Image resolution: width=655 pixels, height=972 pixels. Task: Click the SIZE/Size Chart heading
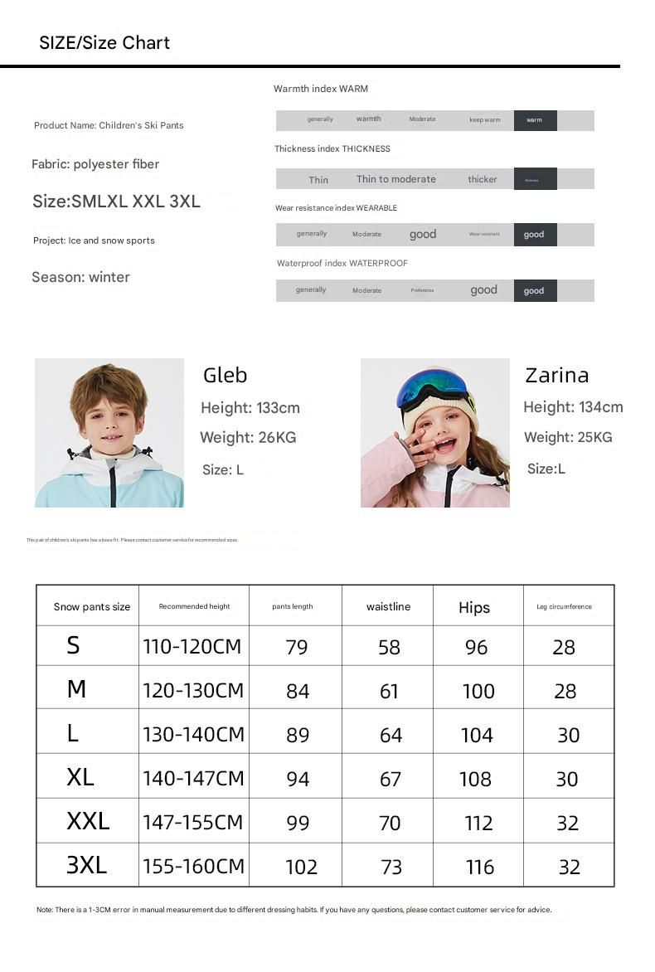pos(104,43)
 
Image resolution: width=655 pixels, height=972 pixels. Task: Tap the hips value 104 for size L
pos(477,735)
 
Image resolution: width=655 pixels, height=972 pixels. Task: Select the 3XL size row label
pos(86,865)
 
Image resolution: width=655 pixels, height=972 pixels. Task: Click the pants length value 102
pos(301,867)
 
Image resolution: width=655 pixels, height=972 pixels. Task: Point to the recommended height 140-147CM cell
pos(193,778)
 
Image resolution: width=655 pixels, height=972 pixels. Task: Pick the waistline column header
pos(388,606)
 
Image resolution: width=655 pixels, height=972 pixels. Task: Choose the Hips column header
pos(474,608)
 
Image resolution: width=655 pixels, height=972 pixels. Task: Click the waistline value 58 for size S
pos(389,648)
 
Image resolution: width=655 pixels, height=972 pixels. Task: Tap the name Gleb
pos(225,375)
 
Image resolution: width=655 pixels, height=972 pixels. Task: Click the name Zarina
pos(556,375)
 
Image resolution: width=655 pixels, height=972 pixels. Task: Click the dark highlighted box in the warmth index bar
pos(535,120)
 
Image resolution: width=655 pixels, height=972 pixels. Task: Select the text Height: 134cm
pos(573,406)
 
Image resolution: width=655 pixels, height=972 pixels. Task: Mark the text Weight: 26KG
pos(248,437)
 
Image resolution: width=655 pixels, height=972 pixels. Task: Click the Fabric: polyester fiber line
pos(95,164)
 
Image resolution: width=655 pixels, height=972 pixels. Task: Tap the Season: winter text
pos(80,277)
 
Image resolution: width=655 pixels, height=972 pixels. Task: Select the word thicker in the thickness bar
pos(482,179)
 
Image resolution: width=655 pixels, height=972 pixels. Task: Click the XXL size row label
pos(88,821)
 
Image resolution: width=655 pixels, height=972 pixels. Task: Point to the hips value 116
pos(480,867)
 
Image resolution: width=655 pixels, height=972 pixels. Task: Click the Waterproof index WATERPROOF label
pos(342,263)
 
